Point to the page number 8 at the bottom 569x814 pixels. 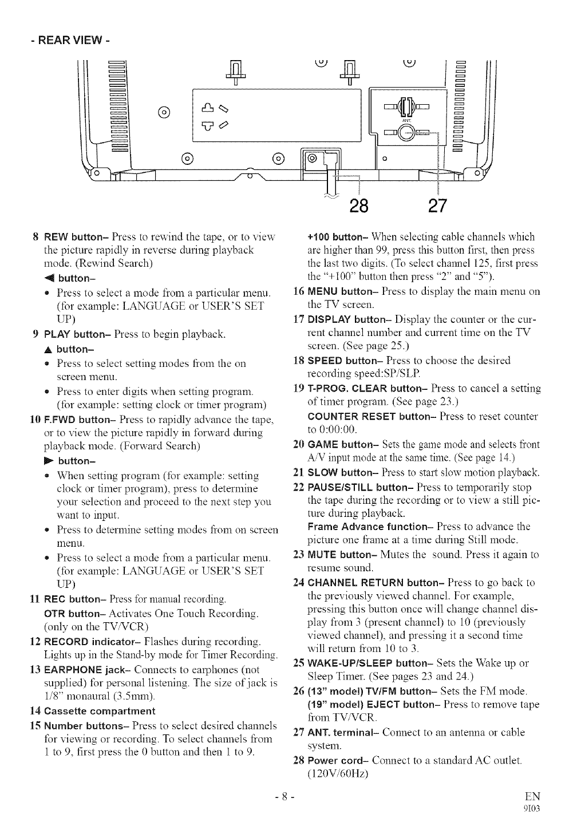pyautogui.click(x=284, y=797)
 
